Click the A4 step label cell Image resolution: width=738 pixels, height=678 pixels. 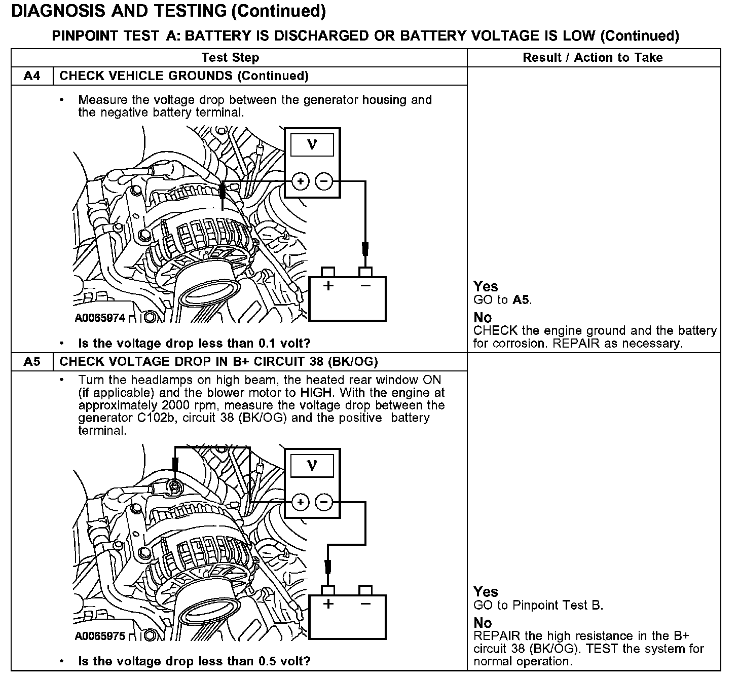click(x=31, y=76)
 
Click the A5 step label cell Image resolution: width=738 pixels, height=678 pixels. click(x=31, y=362)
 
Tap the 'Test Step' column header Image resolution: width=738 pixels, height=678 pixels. click(x=230, y=58)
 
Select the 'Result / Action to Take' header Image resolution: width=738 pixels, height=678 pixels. click(x=593, y=58)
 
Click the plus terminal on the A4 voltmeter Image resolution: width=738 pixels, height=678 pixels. click(x=301, y=181)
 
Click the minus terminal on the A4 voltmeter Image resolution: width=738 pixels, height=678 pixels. click(x=324, y=181)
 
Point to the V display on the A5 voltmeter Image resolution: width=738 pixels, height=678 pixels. click(x=312, y=465)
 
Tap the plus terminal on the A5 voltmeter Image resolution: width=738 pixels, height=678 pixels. click(x=301, y=502)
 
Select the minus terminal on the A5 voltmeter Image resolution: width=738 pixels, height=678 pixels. click(x=324, y=502)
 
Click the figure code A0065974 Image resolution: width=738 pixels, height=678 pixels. click(x=100, y=318)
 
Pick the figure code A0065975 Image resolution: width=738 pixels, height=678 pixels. click(x=100, y=636)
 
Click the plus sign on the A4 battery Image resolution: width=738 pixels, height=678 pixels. click(x=328, y=286)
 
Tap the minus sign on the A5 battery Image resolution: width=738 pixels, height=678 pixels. click(x=365, y=604)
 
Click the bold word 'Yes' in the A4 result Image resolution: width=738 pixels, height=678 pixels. click(x=486, y=286)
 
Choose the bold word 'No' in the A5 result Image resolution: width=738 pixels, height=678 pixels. click(x=483, y=623)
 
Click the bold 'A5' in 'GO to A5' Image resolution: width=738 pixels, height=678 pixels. click(x=521, y=299)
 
